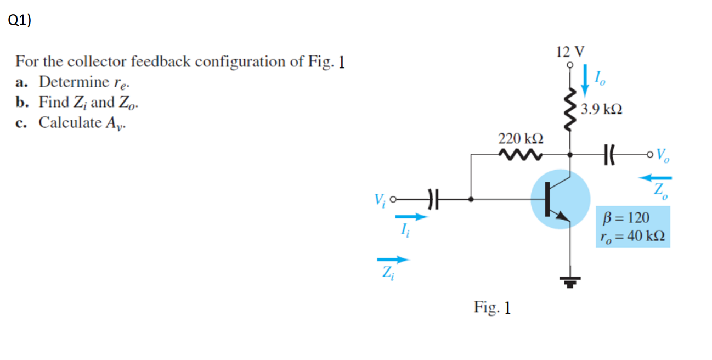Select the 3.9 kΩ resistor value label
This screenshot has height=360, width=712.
pyautogui.click(x=602, y=109)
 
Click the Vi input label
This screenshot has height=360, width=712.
pyautogui.click(x=377, y=200)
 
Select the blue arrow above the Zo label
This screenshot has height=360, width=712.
pyautogui.click(x=656, y=177)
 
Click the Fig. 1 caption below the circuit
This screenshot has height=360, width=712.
pyautogui.click(x=492, y=307)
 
